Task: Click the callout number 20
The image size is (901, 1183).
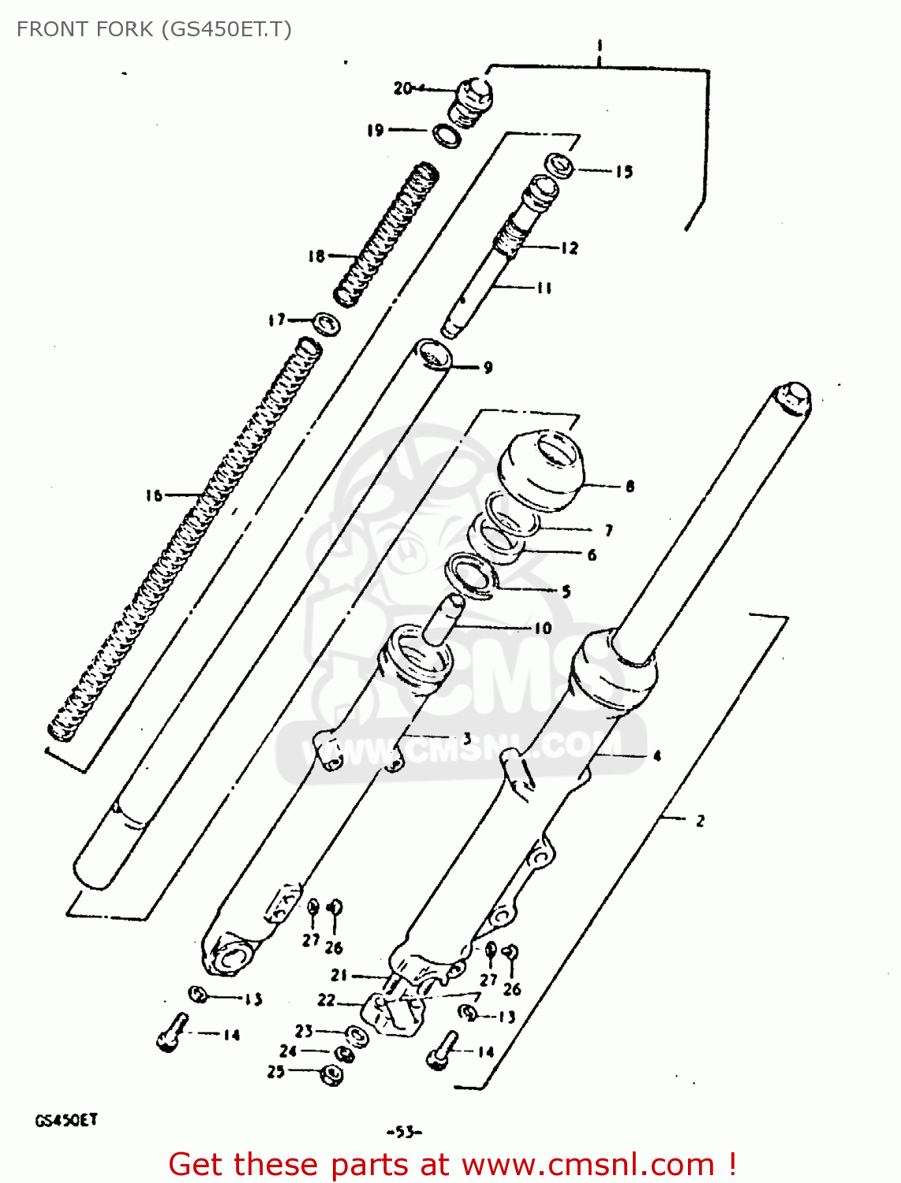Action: [x=403, y=88]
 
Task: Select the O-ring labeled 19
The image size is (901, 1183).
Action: [x=447, y=136]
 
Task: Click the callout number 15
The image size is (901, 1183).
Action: [x=624, y=171]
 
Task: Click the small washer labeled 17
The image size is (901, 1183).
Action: [x=326, y=323]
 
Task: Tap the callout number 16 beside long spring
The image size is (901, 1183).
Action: [x=153, y=495]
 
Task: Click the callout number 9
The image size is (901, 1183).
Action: [x=488, y=368]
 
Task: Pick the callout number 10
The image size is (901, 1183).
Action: [x=543, y=629]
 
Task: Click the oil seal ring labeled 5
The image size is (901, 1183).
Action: [x=471, y=573]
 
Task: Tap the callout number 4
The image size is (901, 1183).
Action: [x=657, y=756]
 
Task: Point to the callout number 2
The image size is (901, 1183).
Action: [x=700, y=821]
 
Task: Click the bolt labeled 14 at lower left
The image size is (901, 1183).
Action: [x=173, y=1032]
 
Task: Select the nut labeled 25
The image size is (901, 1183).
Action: [x=332, y=1073]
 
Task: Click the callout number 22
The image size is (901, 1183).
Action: [x=327, y=1000]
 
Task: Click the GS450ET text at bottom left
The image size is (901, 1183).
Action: [x=66, y=1120]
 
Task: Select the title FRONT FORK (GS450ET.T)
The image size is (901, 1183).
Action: [x=154, y=29]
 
